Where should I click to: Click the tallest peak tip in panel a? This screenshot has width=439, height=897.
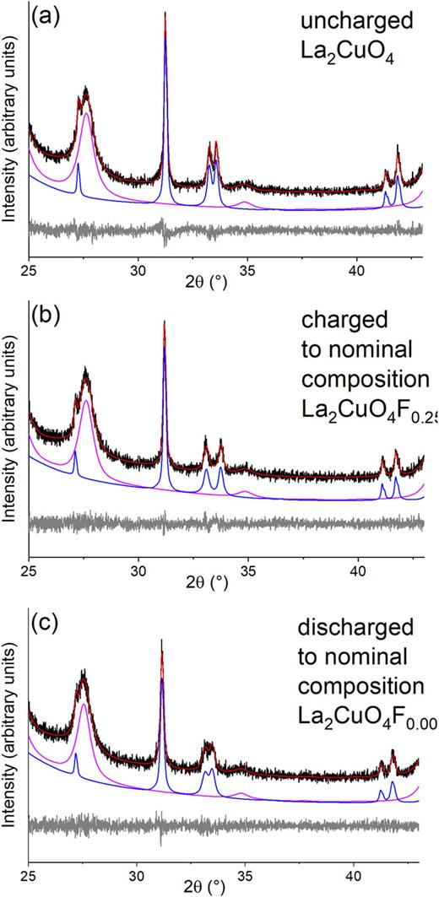point(165,14)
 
